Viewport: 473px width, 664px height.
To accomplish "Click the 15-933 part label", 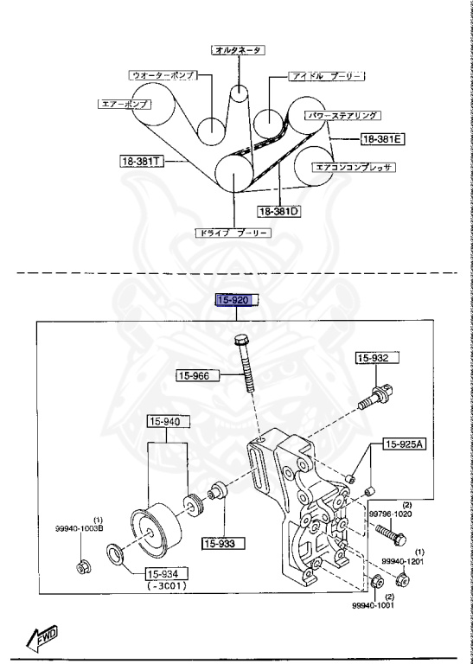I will coord(224,544).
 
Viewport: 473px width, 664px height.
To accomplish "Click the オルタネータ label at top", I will coord(237,51).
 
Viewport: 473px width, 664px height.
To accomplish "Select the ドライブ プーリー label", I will coord(234,233).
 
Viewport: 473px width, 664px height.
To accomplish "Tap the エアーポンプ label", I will coord(124,104).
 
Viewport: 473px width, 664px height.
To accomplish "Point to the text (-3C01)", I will coord(166,586).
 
